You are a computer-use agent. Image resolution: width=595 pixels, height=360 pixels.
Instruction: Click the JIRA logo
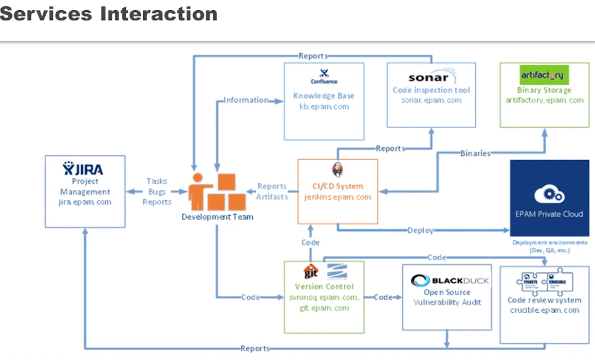(83, 169)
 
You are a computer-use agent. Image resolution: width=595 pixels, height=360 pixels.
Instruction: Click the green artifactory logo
(542, 75)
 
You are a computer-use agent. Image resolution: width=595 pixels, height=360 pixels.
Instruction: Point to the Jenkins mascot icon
(337, 170)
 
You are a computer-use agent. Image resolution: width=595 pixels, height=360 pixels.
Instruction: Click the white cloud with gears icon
(549, 195)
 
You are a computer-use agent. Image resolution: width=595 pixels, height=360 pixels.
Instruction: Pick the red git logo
(311, 271)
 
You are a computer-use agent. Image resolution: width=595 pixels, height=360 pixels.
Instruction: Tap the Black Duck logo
(449, 281)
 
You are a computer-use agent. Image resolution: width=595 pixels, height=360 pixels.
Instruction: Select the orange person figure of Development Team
(198, 191)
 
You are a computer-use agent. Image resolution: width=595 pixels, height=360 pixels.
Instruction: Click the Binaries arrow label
(475, 153)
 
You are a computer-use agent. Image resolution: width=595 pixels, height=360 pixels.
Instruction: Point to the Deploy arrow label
(420, 230)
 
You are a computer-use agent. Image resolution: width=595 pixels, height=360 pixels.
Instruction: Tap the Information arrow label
(245, 100)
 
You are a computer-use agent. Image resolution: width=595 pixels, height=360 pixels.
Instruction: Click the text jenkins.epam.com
(338, 197)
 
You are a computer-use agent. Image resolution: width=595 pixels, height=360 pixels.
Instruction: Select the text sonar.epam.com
(431, 100)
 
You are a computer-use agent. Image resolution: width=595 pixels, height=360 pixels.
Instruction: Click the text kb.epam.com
(324, 106)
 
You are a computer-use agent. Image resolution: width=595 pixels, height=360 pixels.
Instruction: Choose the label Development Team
(217, 217)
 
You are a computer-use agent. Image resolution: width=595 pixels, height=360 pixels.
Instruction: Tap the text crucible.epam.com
(544, 310)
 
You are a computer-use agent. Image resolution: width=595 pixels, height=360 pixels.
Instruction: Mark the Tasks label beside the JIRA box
(157, 181)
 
